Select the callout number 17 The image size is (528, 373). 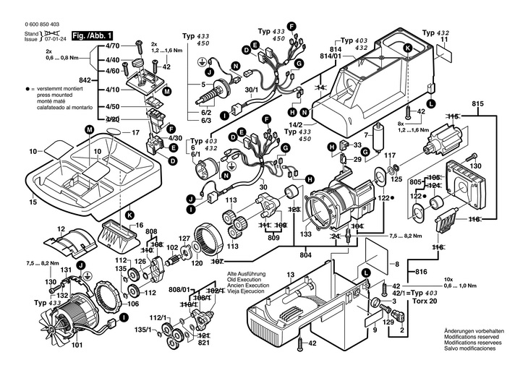[x=135, y=133]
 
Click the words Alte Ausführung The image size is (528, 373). [x=247, y=274]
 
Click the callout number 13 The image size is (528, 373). [x=290, y=275]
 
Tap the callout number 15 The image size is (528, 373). [x=33, y=202]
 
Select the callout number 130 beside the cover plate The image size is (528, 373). [x=476, y=166]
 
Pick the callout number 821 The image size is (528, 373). [x=205, y=344]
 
